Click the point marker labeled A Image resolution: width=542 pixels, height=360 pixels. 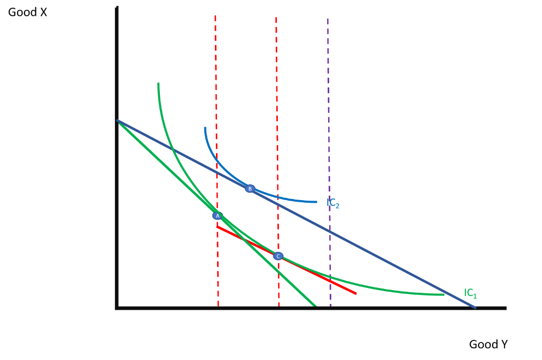(x=218, y=216)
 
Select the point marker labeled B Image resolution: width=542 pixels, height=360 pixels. (x=250, y=188)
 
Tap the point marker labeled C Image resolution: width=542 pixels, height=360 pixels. (x=278, y=256)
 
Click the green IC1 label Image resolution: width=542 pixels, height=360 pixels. (x=470, y=293)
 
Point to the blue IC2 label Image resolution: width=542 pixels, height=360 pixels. (x=332, y=203)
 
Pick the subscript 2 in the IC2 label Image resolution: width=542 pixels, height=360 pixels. (x=337, y=206)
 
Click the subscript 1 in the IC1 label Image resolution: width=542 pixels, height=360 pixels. (x=475, y=296)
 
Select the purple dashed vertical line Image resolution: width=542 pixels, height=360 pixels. (x=328, y=106)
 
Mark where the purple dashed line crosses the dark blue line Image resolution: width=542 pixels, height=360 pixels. (x=329, y=231)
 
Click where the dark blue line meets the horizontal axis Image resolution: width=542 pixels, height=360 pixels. (x=475, y=307)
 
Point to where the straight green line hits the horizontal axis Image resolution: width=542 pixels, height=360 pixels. (x=315, y=306)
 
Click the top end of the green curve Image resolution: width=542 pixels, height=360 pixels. (x=158, y=84)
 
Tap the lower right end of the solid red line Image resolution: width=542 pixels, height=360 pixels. (x=356, y=293)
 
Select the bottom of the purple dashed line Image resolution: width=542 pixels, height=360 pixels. (x=331, y=305)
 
